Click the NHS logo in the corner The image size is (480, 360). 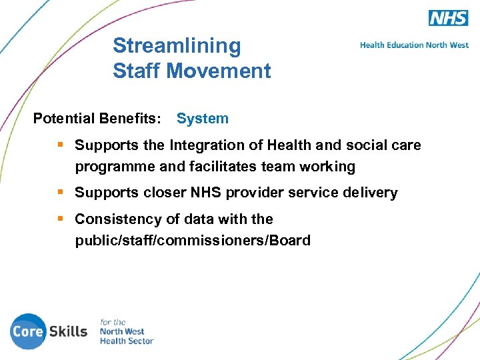[x=448, y=18]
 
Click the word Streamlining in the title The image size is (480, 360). [x=177, y=46]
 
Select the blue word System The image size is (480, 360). [x=203, y=119]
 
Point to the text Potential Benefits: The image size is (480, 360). [x=97, y=119]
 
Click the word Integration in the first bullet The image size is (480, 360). [x=207, y=145]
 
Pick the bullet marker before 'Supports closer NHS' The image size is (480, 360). [x=61, y=193]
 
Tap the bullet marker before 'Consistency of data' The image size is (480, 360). [x=61, y=219]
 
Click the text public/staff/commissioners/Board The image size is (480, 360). [x=193, y=241]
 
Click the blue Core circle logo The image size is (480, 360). [x=27, y=331]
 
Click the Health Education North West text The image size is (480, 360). [x=414, y=45]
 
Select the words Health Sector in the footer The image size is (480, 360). [x=127, y=341]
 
